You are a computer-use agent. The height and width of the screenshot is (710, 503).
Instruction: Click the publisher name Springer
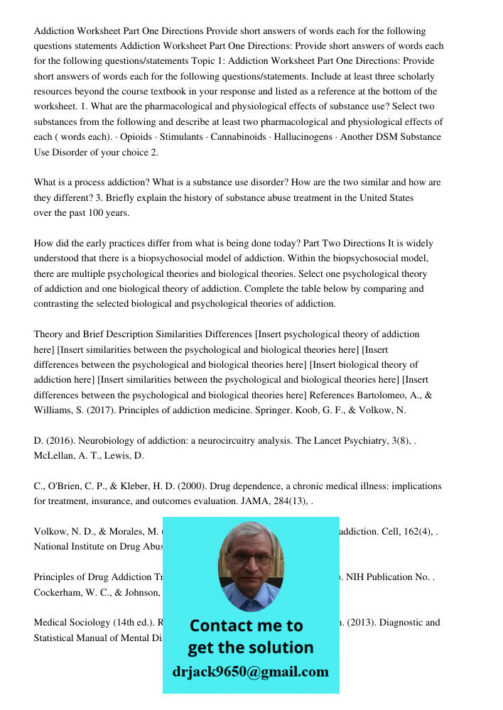[264, 410]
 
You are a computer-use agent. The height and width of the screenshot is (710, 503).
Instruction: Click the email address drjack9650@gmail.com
[250, 672]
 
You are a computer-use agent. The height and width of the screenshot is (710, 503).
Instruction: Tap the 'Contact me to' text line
[246, 626]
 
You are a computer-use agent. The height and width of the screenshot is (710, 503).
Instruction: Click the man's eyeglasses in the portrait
[250, 558]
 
